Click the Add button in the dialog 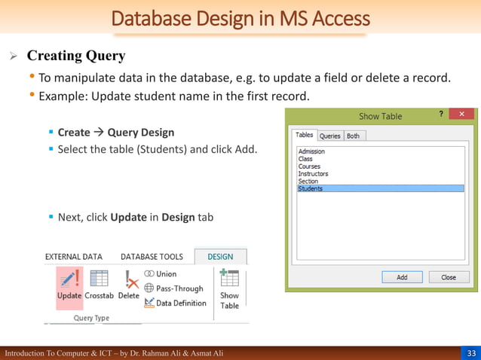[x=402, y=277]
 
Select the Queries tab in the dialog [x=330, y=136]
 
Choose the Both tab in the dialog [x=353, y=136]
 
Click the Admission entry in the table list [x=311, y=151]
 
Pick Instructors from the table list [x=313, y=174]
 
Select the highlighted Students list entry [x=311, y=188]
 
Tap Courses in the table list [x=309, y=166]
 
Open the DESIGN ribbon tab [x=220, y=257]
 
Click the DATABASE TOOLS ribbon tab [x=152, y=257]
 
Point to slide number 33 [x=471, y=353]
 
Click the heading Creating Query [x=76, y=56]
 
